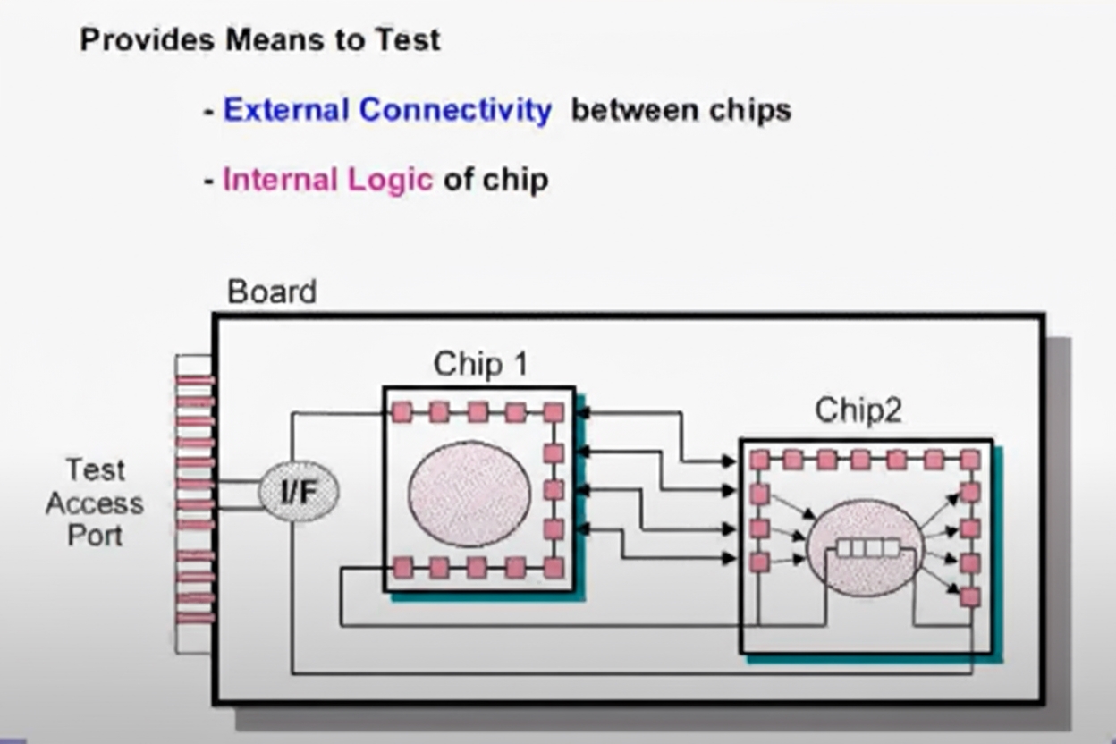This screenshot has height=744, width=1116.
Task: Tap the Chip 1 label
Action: pyautogui.click(x=479, y=365)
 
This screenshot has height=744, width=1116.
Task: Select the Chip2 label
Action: pyautogui.click(x=858, y=410)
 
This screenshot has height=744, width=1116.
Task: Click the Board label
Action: pyautogui.click(x=271, y=292)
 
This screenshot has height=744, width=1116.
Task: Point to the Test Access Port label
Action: pyautogui.click(x=95, y=503)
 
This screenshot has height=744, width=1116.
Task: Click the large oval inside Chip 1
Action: pyautogui.click(x=469, y=493)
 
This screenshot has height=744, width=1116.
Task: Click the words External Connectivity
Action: pyautogui.click(x=387, y=110)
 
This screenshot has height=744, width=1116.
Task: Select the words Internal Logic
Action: pyautogui.click(x=327, y=180)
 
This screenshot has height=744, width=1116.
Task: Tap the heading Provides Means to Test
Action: pyautogui.click(x=260, y=39)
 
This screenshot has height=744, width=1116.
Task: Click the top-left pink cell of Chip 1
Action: pyautogui.click(x=402, y=411)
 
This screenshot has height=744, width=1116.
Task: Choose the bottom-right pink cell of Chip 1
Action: pyautogui.click(x=554, y=568)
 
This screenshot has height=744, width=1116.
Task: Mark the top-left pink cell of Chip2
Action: pyautogui.click(x=759, y=460)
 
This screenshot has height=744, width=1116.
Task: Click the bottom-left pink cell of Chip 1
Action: pyautogui.click(x=402, y=568)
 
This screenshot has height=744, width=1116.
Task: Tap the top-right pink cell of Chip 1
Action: pyautogui.click(x=554, y=411)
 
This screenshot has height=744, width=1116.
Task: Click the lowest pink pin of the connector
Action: pyautogui.click(x=194, y=617)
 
